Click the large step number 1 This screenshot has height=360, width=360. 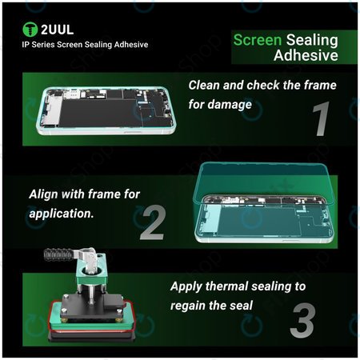point(321,119)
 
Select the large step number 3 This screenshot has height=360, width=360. point(302,321)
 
